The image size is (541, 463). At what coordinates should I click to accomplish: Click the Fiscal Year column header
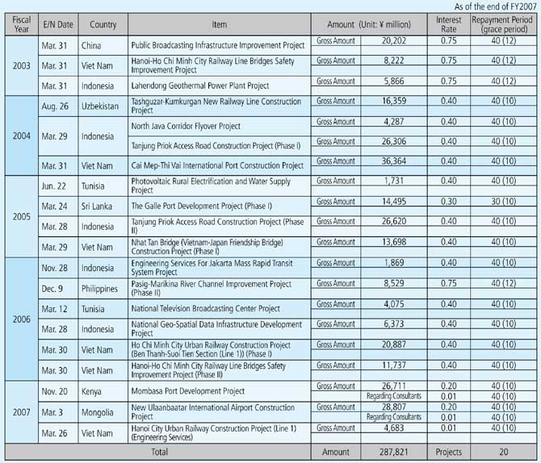17,23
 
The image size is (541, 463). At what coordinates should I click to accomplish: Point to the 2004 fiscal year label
17,136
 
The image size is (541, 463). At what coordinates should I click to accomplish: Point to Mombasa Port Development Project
187,390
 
